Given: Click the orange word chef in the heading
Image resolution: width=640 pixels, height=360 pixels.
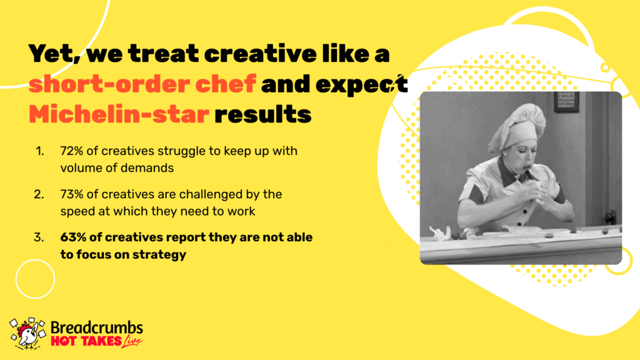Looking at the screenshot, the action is (225, 83).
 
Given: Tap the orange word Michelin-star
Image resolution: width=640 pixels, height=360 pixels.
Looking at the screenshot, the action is (119, 114).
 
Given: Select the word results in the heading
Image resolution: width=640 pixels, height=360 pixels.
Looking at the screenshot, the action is (263, 114).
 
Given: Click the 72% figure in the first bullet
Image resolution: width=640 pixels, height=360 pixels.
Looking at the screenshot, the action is (71, 151).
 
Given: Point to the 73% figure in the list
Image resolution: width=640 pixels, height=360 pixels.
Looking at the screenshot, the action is (71, 194).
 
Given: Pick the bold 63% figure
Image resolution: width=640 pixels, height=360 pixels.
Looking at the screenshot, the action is (71, 237).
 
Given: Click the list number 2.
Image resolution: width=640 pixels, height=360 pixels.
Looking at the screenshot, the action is (39, 194).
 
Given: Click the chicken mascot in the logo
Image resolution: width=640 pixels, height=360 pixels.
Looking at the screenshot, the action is (27, 334).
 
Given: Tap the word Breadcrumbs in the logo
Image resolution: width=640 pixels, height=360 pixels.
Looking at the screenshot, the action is (97, 327).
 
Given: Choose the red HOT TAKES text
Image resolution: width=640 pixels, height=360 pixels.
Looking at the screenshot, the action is (86, 341).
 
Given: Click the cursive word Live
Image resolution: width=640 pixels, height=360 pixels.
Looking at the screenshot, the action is (132, 341).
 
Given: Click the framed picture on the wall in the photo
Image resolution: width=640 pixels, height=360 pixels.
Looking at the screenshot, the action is (566, 102).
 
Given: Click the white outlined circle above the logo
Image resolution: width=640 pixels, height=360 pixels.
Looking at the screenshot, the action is (35, 259).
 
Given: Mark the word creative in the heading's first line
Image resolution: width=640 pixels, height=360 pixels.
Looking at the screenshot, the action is (260, 54).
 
